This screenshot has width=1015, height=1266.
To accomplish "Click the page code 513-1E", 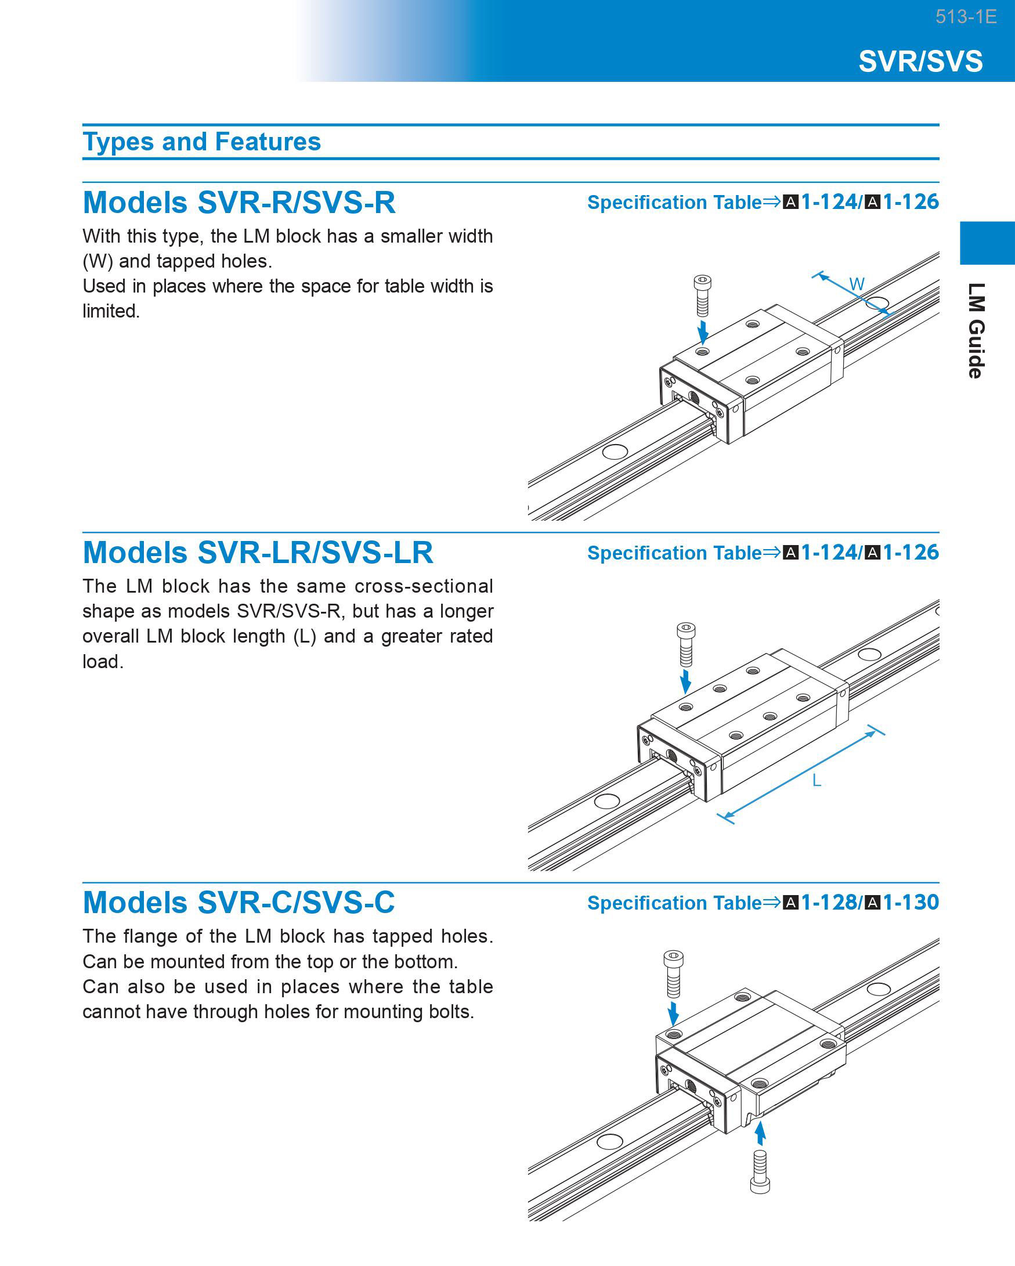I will [966, 16].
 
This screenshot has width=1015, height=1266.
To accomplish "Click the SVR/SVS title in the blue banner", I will [920, 61].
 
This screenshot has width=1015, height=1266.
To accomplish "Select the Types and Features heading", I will [201, 142].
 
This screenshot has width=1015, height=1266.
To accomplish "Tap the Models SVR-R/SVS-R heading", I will [239, 202].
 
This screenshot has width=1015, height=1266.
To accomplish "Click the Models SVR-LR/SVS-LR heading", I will [258, 553].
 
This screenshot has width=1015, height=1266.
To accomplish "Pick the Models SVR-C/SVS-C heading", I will [239, 902].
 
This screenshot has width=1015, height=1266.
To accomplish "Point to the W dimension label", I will [857, 284].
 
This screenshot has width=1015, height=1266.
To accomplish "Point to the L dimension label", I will [816, 780].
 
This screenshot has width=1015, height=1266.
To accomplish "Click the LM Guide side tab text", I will [976, 331].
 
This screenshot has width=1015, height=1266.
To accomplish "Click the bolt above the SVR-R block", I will [702, 295].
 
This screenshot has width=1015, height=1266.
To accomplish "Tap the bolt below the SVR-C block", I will [760, 1171].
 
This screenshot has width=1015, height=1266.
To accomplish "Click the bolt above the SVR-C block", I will [673, 974].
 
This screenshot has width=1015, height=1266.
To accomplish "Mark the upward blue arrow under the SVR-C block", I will [760, 1132].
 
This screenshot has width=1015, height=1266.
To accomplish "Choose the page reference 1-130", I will [911, 902].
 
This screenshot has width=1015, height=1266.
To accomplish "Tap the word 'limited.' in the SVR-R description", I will [111, 311].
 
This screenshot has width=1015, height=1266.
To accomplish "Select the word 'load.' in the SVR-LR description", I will [103, 661].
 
